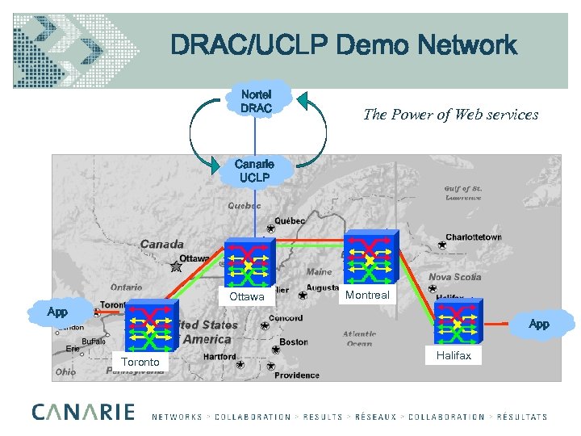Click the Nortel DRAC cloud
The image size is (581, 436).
click(x=256, y=101)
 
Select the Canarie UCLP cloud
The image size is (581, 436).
click(x=253, y=170)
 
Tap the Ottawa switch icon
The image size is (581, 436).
click(x=249, y=263)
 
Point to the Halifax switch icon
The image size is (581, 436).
click(x=460, y=324)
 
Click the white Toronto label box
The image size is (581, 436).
click(x=140, y=362)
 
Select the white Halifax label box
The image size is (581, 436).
click(x=454, y=355)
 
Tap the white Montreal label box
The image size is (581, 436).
click(x=367, y=295)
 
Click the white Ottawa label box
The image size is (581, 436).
click(x=246, y=296)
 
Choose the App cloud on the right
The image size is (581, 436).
click(x=539, y=324)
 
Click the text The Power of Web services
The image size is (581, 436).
click(x=450, y=115)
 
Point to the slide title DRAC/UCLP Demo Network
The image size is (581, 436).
click(x=343, y=46)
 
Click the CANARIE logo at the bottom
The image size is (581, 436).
click(x=83, y=412)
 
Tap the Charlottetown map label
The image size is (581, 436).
click(x=473, y=237)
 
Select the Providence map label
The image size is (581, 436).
click(x=297, y=375)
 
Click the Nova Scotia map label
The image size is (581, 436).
click(x=454, y=277)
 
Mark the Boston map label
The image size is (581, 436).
click(x=294, y=342)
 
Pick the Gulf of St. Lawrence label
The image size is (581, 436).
click(x=462, y=193)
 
